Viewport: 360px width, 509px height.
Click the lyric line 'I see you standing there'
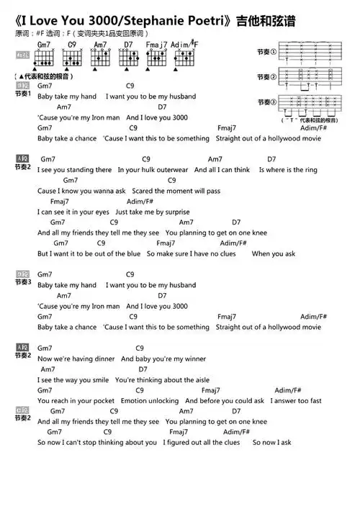pos(75,170)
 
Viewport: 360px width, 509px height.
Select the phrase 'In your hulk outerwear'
pos(153,170)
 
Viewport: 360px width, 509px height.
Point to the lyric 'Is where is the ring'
pos(287,170)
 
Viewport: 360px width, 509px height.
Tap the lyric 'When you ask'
pos(274,254)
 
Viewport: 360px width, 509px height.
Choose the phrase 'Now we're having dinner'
pos(76,359)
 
